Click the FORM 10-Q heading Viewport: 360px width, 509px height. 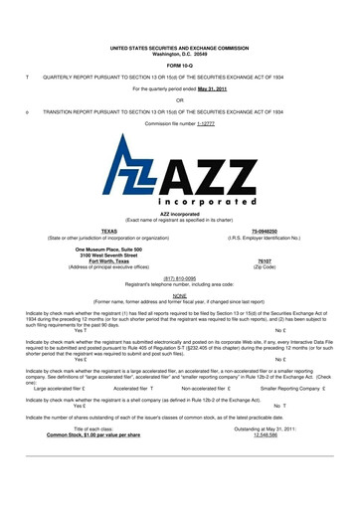179,66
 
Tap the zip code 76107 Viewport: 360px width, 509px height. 265,261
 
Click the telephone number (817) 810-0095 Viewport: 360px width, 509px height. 180,278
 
